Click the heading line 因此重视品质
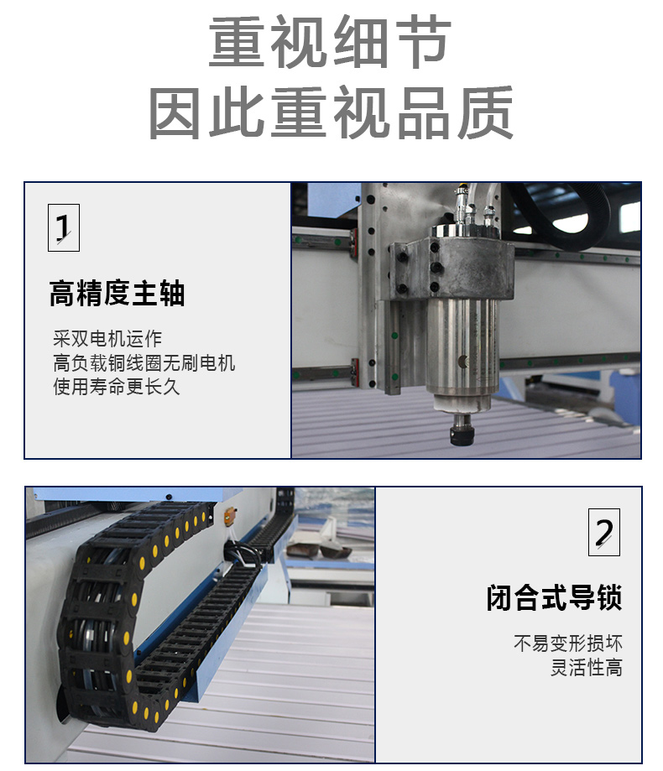331,112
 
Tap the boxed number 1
64,227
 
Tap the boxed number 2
604,533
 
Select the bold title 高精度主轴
117,294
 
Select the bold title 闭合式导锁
554,597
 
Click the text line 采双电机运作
107,338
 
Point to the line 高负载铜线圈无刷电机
144,363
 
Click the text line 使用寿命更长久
117,387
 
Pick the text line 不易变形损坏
568,643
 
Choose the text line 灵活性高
587,667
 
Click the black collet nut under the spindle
462,435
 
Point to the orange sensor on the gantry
229,518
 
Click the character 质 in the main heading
486,112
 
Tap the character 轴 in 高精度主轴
172,294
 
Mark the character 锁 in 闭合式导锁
609,597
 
